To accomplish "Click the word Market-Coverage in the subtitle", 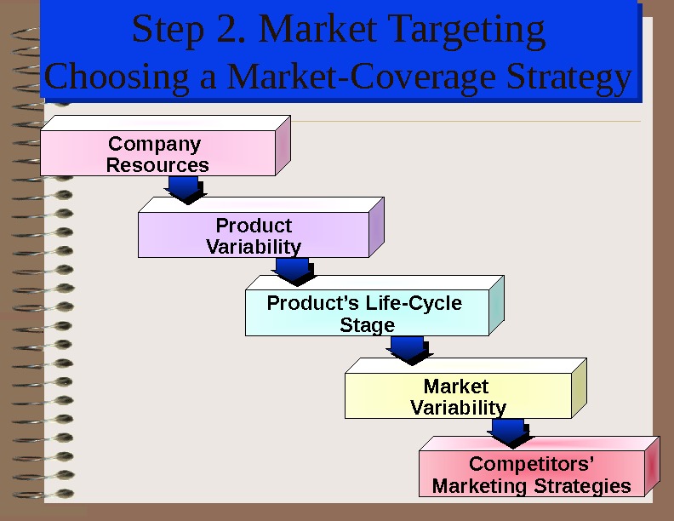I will (365, 77).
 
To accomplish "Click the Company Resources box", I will (157, 154).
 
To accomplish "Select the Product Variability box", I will (254, 236).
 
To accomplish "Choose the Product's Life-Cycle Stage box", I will (367, 314).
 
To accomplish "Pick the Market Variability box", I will (458, 397).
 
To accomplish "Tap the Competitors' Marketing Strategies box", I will (532, 475).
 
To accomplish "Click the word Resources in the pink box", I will (157, 165).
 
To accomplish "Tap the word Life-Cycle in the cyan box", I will (414, 303).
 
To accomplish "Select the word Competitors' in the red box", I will (532, 464).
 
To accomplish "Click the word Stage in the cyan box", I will (367, 325).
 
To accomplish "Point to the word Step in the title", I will (165, 31).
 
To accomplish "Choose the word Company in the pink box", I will (154, 143).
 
